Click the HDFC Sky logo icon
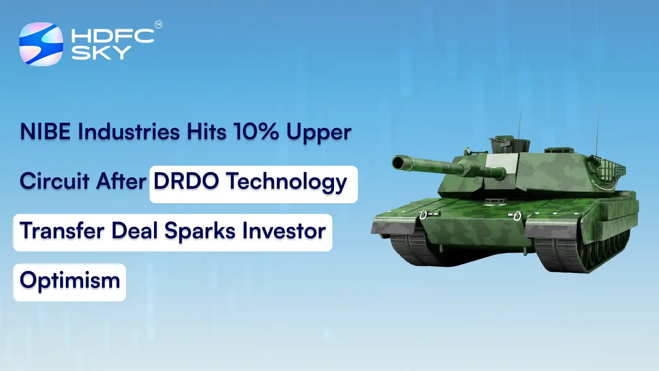(x=41, y=44)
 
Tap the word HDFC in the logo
(x=112, y=36)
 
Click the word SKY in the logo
(x=101, y=52)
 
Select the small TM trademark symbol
(x=159, y=25)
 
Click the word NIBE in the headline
(x=45, y=132)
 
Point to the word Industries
(x=129, y=132)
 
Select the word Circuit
(x=55, y=181)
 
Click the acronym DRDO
(x=186, y=181)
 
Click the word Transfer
(x=62, y=231)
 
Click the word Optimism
(x=70, y=281)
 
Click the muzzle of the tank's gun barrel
(x=398, y=162)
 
